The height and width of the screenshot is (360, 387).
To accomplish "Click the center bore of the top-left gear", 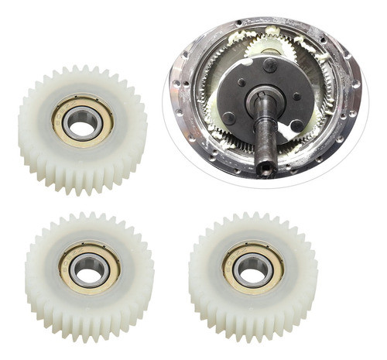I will click(x=82, y=121).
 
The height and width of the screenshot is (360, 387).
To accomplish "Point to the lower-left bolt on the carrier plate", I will click(x=229, y=118).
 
